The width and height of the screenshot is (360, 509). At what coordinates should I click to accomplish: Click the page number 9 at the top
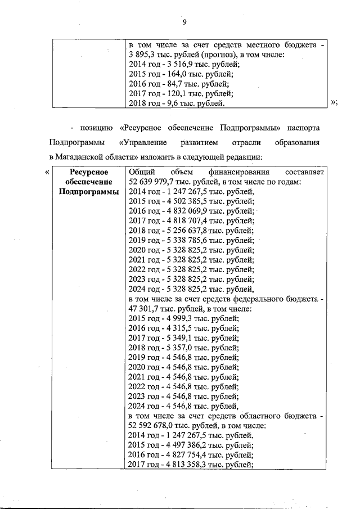tap(184, 22)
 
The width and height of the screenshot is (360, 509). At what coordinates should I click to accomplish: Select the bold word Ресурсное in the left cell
tap(87, 172)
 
